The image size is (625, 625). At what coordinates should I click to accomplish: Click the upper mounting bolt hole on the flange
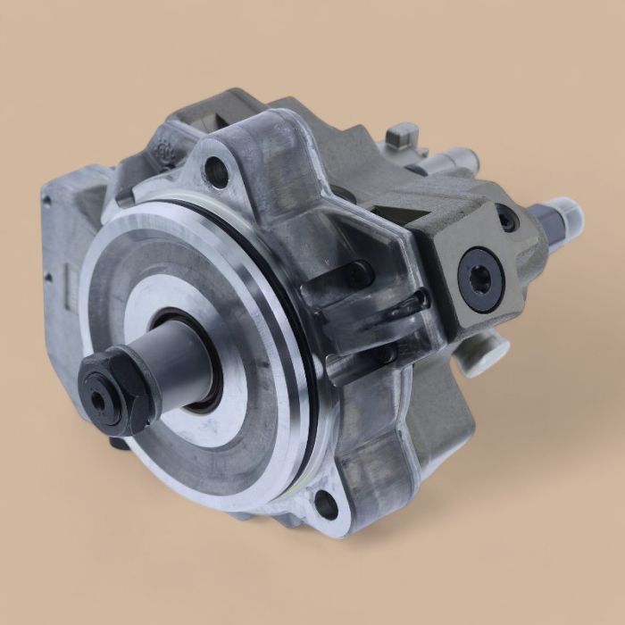pyautogui.click(x=216, y=171)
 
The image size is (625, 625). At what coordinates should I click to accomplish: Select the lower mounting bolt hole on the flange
pyautogui.click(x=327, y=505)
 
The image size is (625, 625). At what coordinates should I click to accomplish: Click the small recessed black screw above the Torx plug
pyautogui.click(x=506, y=217)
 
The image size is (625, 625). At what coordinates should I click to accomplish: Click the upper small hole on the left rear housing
pyautogui.click(x=46, y=201)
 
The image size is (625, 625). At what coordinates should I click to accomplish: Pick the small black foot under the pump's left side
pyautogui.click(x=121, y=441)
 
